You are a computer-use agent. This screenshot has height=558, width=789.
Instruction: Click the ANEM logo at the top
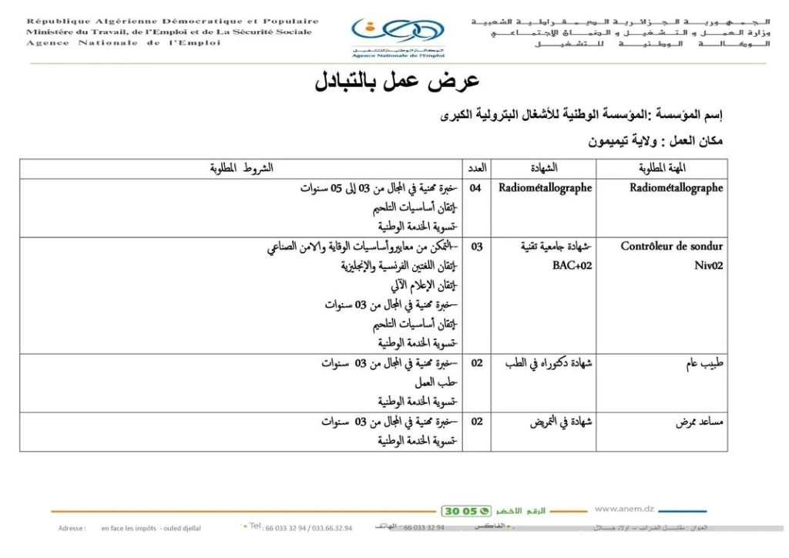pyautogui.click(x=398, y=35)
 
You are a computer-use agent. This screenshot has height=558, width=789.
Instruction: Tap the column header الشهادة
pyautogui.click(x=545, y=168)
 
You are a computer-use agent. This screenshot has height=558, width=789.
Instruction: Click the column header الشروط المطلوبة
pyautogui.click(x=241, y=168)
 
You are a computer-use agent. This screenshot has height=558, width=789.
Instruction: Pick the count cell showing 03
pyautogui.click(x=477, y=247)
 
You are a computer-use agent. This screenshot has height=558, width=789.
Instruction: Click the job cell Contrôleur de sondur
pyautogui.click(x=672, y=247)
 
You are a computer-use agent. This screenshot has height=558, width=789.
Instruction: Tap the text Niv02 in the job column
pyautogui.click(x=709, y=266)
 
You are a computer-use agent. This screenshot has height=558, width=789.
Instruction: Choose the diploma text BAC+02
pyautogui.click(x=572, y=266)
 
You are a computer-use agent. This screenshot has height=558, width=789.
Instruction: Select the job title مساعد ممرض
pyautogui.click(x=697, y=422)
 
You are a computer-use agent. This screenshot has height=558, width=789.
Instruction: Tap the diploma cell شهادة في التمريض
pyautogui.click(x=560, y=422)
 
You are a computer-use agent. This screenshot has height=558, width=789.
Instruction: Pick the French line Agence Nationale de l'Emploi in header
pyautogui.click(x=123, y=43)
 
